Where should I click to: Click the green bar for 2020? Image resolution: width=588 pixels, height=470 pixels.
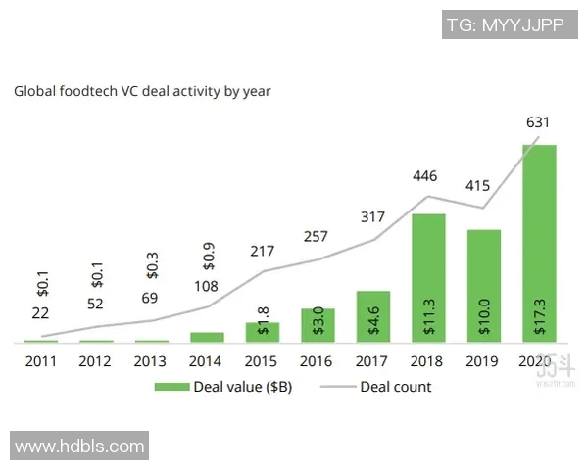point(539,243)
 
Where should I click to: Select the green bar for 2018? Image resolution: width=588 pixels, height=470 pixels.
point(428,278)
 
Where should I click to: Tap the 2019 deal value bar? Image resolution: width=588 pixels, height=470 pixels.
point(484,286)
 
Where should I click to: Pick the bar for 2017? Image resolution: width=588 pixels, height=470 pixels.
point(373,316)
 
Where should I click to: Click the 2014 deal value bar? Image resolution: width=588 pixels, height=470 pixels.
point(207,337)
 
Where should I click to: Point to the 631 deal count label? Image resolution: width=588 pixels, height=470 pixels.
point(538,122)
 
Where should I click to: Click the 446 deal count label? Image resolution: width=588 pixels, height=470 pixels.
point(425,176)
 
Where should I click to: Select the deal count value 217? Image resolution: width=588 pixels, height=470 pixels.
point(262,251)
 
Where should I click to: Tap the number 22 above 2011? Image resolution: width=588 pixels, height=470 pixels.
point(40,313)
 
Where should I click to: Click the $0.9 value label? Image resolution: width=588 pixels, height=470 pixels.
point(209,257)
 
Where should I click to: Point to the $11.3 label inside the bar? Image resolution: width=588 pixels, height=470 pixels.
point(429,316)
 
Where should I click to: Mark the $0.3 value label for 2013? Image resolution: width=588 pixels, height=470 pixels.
point(153,265)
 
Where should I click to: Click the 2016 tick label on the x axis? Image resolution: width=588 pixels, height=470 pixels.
point(316,361)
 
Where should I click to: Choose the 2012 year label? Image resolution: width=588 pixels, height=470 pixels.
point(94,361)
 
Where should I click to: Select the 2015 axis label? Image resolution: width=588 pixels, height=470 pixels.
point(261,361)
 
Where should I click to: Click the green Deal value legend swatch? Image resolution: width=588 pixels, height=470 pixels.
point(172,387)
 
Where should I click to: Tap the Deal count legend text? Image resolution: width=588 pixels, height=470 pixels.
point(396,387)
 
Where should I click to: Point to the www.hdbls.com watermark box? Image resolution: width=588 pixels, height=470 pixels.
point(79,446)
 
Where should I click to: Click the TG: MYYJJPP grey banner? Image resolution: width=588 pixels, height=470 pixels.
point(510,24)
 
